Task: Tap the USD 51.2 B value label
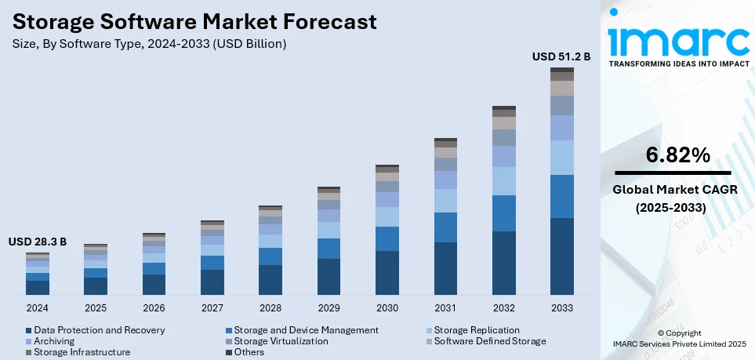(x=561, y=56)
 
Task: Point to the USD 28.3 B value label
(x=38, y=242)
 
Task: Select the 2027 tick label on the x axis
(x=212, y=307)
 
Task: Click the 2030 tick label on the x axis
(x=387, y=307)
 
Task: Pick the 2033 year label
(x=561, y=307)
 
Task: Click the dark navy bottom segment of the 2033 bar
(x=561, y=256)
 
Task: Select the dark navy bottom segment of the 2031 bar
(x=445, y=268)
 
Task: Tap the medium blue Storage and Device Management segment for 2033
(x=561, y=196)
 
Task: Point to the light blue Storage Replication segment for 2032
(x=503, y=181)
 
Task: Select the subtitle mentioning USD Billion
(x=149, y=44)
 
